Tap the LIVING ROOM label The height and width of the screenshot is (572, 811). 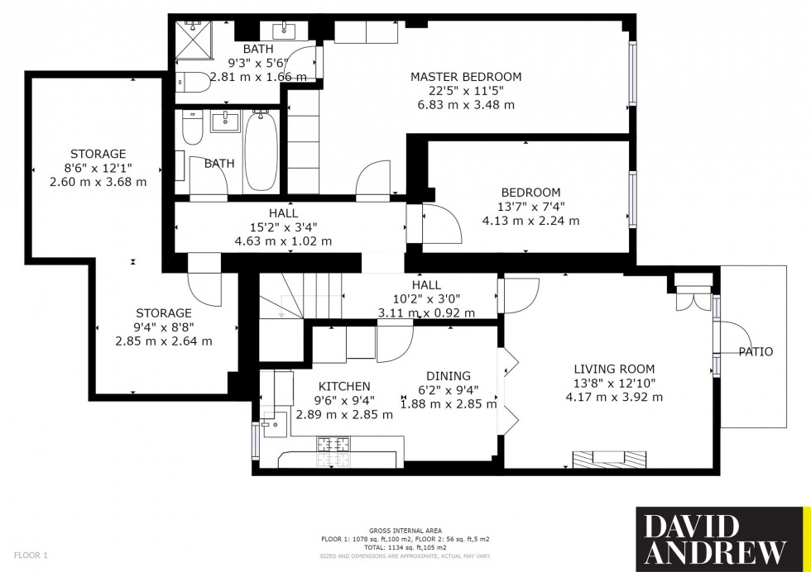point(615,369)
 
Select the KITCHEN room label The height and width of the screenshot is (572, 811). point(344,386)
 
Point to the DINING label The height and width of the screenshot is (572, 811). point(448,375)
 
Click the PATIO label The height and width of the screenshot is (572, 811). point(756,352)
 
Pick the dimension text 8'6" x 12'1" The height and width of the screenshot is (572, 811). point(98,168)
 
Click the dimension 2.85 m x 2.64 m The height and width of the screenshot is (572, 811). point(164,341)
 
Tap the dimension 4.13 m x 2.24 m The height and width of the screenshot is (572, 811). point(530,221)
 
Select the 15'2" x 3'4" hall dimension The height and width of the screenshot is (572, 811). point(283,227)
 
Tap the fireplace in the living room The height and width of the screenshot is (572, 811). point(610,459)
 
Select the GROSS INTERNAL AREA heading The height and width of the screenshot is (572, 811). point(405,530)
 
